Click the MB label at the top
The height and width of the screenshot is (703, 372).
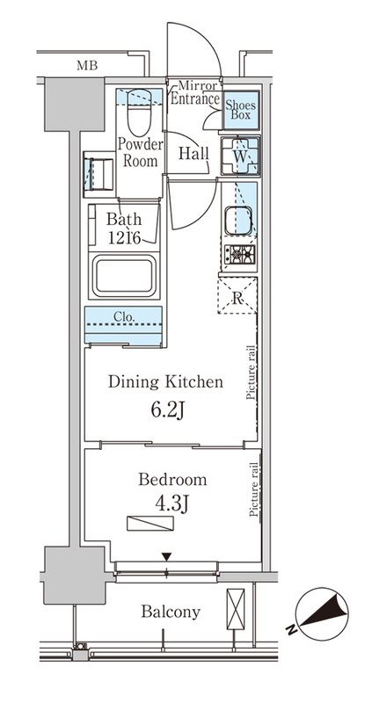coord(86,67)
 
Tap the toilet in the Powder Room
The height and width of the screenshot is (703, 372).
coord(139,112)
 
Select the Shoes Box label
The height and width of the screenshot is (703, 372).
coord(240,109)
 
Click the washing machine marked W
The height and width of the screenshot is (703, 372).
coord(240,156)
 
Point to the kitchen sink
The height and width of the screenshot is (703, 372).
coord(238,221)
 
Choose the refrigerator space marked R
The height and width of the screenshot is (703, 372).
coord(237,295)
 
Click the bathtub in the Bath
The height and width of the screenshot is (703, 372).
coord(123,276)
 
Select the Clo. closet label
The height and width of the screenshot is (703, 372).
coord(124,316)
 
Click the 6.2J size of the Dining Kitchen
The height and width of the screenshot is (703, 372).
coord(168,409)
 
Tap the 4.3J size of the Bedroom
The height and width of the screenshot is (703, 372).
coord(171,504)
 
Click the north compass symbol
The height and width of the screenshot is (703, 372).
coord(322,613)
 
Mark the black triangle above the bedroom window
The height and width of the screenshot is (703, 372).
coord(167,557)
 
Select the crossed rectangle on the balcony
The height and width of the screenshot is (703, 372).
coord(236,610)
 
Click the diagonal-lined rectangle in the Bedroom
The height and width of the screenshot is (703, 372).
coord(150,524)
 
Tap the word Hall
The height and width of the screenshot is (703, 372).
coord(193,153)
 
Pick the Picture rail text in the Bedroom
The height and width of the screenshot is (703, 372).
coord(254,489)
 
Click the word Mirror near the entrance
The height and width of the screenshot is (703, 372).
coord(198,84)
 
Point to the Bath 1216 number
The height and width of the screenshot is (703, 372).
coord(125,237)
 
